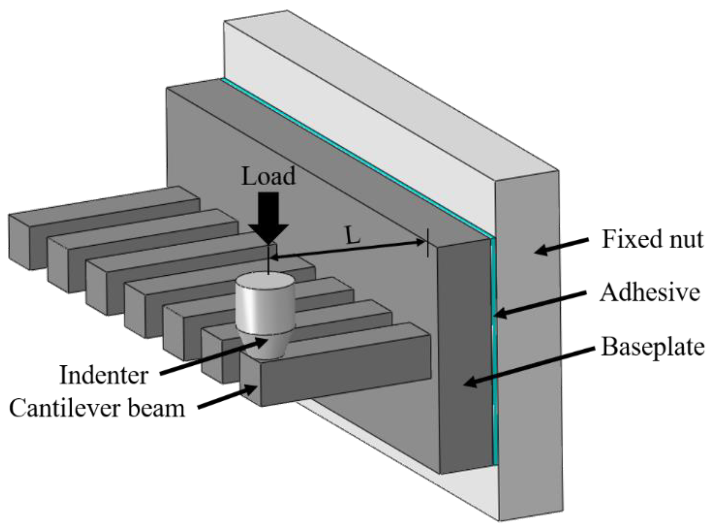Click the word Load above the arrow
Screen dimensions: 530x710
click(x=268, y=176)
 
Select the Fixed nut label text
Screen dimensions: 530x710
click(x=652, y=239)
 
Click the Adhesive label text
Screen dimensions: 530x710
click(x=650, y=292)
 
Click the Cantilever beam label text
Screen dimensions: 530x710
click(x=97, y=408)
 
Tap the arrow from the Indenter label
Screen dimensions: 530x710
click(x=213, y=357)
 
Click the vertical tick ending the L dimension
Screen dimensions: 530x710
click(x=427, y=243)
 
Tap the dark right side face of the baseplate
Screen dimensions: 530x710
click(x=464, y=356)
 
